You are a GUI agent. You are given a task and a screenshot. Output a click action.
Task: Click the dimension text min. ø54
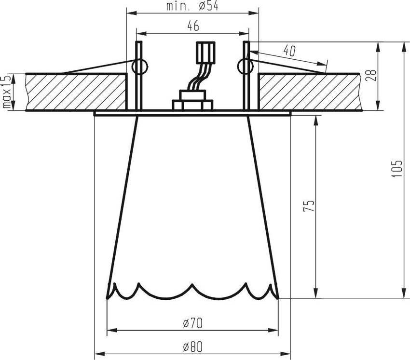coord(192,6)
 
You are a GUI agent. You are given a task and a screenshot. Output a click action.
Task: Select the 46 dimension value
coord(193,27)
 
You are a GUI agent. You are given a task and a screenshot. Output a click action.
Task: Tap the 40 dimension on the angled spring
coord(289,50)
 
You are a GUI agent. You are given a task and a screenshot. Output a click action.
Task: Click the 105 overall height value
coord(397,169)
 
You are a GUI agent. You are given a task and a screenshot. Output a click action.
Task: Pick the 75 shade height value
coord(310,206)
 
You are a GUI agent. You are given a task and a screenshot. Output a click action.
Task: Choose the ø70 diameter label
coord(191,324)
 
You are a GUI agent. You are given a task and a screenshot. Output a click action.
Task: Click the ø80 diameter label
coord(191,347)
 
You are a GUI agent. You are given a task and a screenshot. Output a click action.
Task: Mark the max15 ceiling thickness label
coord(6,92)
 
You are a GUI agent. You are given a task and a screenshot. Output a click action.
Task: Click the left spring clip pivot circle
coord(139,66)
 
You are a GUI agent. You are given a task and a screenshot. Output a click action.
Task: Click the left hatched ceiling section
coord(75,92)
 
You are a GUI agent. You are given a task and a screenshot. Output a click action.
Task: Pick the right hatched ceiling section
coord(309,92)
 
